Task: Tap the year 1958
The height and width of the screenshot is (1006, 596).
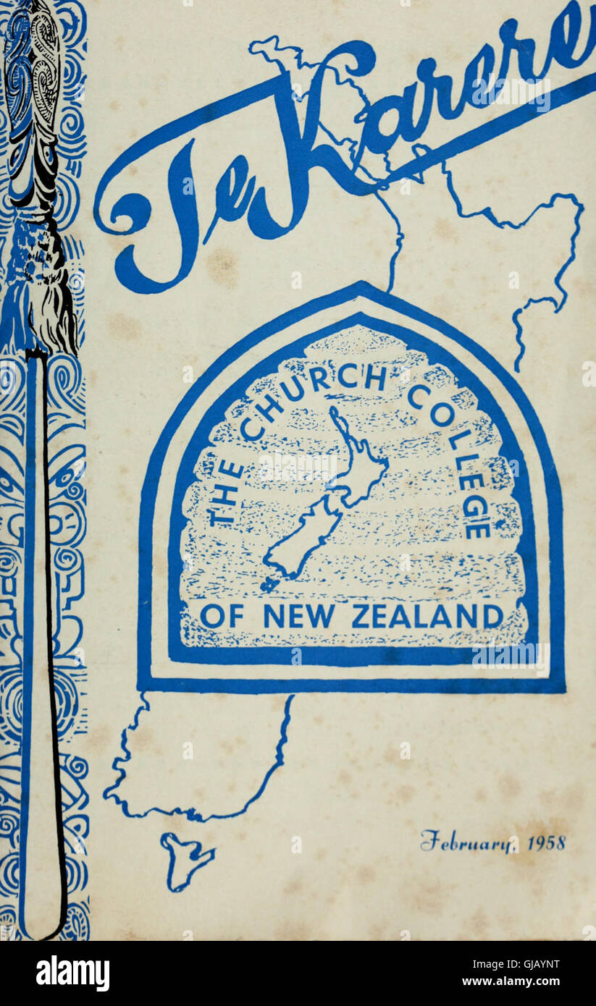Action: (546, 842)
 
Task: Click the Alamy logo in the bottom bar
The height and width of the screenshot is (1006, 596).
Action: (72, 973)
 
